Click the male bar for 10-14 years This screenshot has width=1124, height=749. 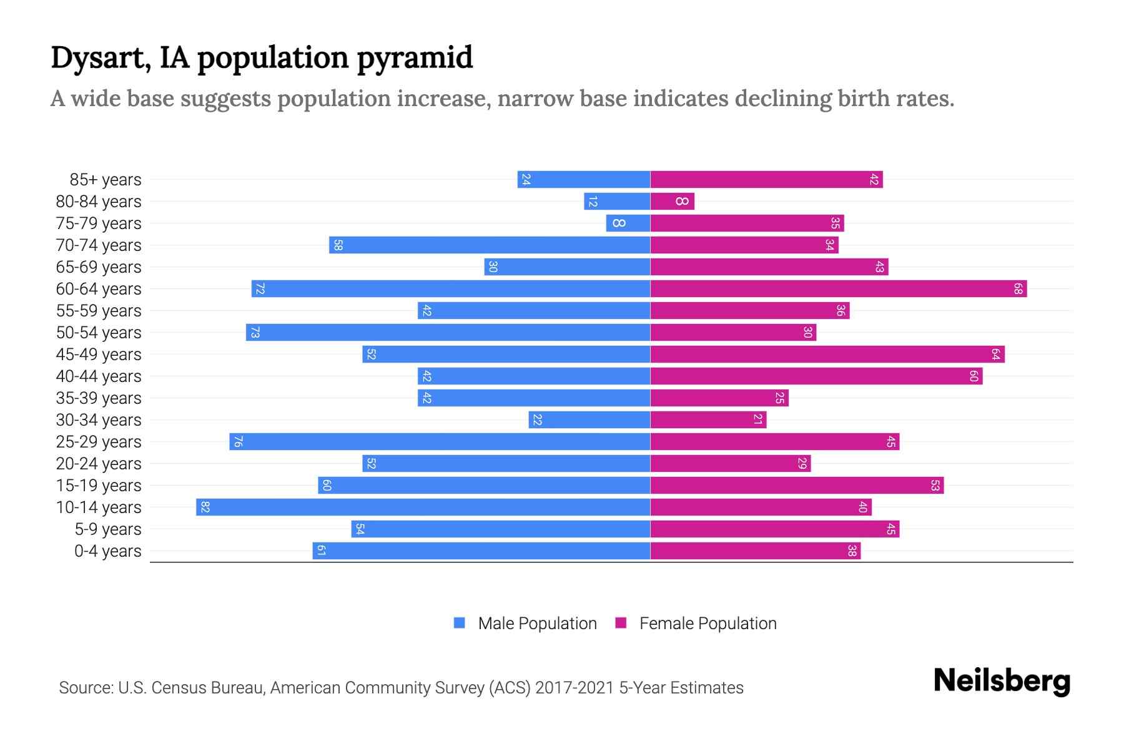click(423, 507)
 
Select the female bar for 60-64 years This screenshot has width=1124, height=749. click(839, 288)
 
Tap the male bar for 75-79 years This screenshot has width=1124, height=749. click(628, 223)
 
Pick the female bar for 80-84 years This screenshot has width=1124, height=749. click(672, 201)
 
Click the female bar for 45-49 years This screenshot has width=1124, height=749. click(827, 354)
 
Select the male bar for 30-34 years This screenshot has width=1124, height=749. click(589, 419)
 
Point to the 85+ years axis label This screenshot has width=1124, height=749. click(105, 180)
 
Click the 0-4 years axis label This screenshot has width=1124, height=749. click(107, 551)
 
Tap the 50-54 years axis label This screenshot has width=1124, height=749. click(99, 333)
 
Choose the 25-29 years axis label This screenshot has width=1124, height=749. click(99, 442)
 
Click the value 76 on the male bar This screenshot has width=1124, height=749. click(238, 442)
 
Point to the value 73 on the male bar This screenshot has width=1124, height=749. click(255, 333)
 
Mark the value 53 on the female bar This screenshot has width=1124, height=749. click(935, 485)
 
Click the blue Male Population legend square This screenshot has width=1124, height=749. click(460, 623)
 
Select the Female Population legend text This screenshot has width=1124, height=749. click(707, 624)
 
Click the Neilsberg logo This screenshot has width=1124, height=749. click(1002, 681)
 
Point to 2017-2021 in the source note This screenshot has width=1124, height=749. click(574, 688)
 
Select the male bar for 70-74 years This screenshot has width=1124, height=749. click(490, 245)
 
